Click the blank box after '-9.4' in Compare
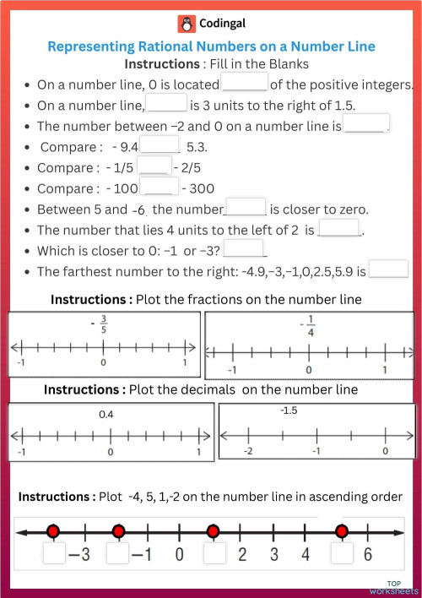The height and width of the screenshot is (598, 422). (x=160, y=146)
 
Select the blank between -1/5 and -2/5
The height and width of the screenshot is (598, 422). (x=154, y=166)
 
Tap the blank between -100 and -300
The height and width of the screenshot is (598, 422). (x=159, y=188)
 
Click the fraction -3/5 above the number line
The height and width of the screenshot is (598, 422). (x=103, y=323)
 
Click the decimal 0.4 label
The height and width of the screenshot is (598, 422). (x=106, y=415)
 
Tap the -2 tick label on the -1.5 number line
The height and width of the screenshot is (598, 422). (x=247, y=451)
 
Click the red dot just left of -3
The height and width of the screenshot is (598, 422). (x=53, y=531)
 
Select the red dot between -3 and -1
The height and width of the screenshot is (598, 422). (x=118, y=531)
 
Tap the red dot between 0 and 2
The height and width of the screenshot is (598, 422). (x=213, y=531)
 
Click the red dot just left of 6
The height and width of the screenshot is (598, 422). (x=341, y=531)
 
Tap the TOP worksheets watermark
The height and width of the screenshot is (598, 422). (x=402, y=586)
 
